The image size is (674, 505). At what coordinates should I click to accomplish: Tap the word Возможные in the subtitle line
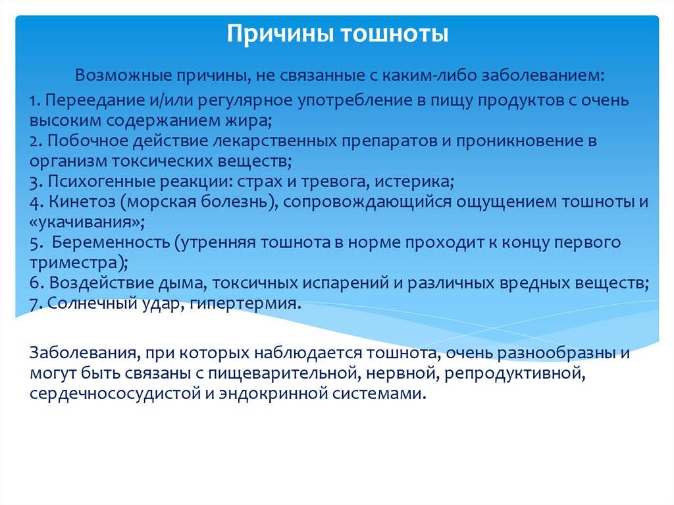point(122,76)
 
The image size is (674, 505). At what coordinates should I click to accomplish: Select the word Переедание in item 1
point(95,101)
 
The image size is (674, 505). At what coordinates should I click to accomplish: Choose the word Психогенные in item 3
point(101,182)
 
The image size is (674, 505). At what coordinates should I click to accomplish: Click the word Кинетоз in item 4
point(82,202)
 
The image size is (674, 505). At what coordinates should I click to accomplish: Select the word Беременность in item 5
point(111,242)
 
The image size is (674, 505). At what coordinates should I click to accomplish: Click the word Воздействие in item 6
point(101,284)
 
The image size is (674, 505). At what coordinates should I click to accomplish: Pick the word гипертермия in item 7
point(243,304)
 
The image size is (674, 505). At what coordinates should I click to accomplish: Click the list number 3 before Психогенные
point(34,182)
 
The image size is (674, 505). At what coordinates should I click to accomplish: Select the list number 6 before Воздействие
point(34,284)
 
